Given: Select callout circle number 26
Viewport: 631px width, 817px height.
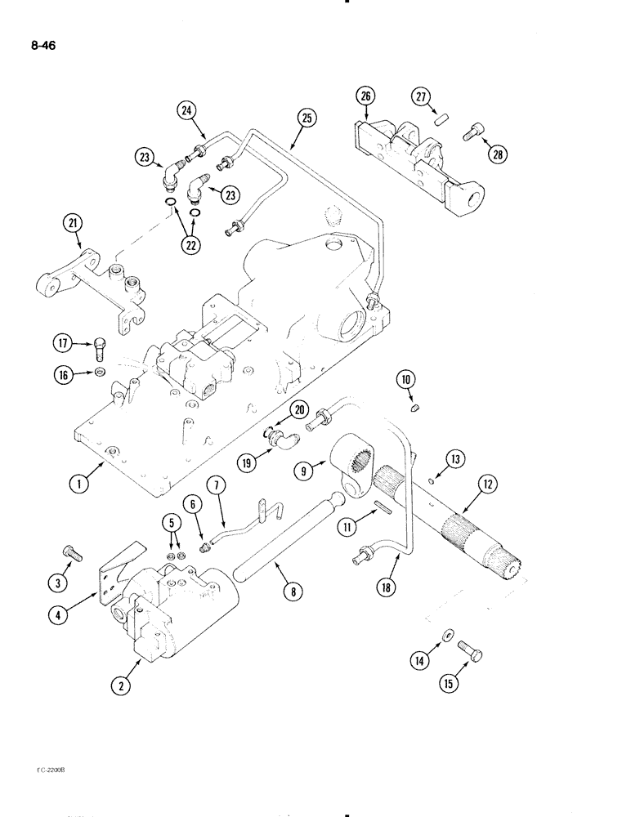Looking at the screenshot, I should tap(365, 98).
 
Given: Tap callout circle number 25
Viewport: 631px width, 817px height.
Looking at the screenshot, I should tap(307, 118).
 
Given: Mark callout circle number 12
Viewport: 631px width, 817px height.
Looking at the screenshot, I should tap(488, 484).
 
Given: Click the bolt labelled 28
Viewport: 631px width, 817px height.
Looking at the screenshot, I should tap(474, 131).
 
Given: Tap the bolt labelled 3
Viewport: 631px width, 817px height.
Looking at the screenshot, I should tap(74, 554).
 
